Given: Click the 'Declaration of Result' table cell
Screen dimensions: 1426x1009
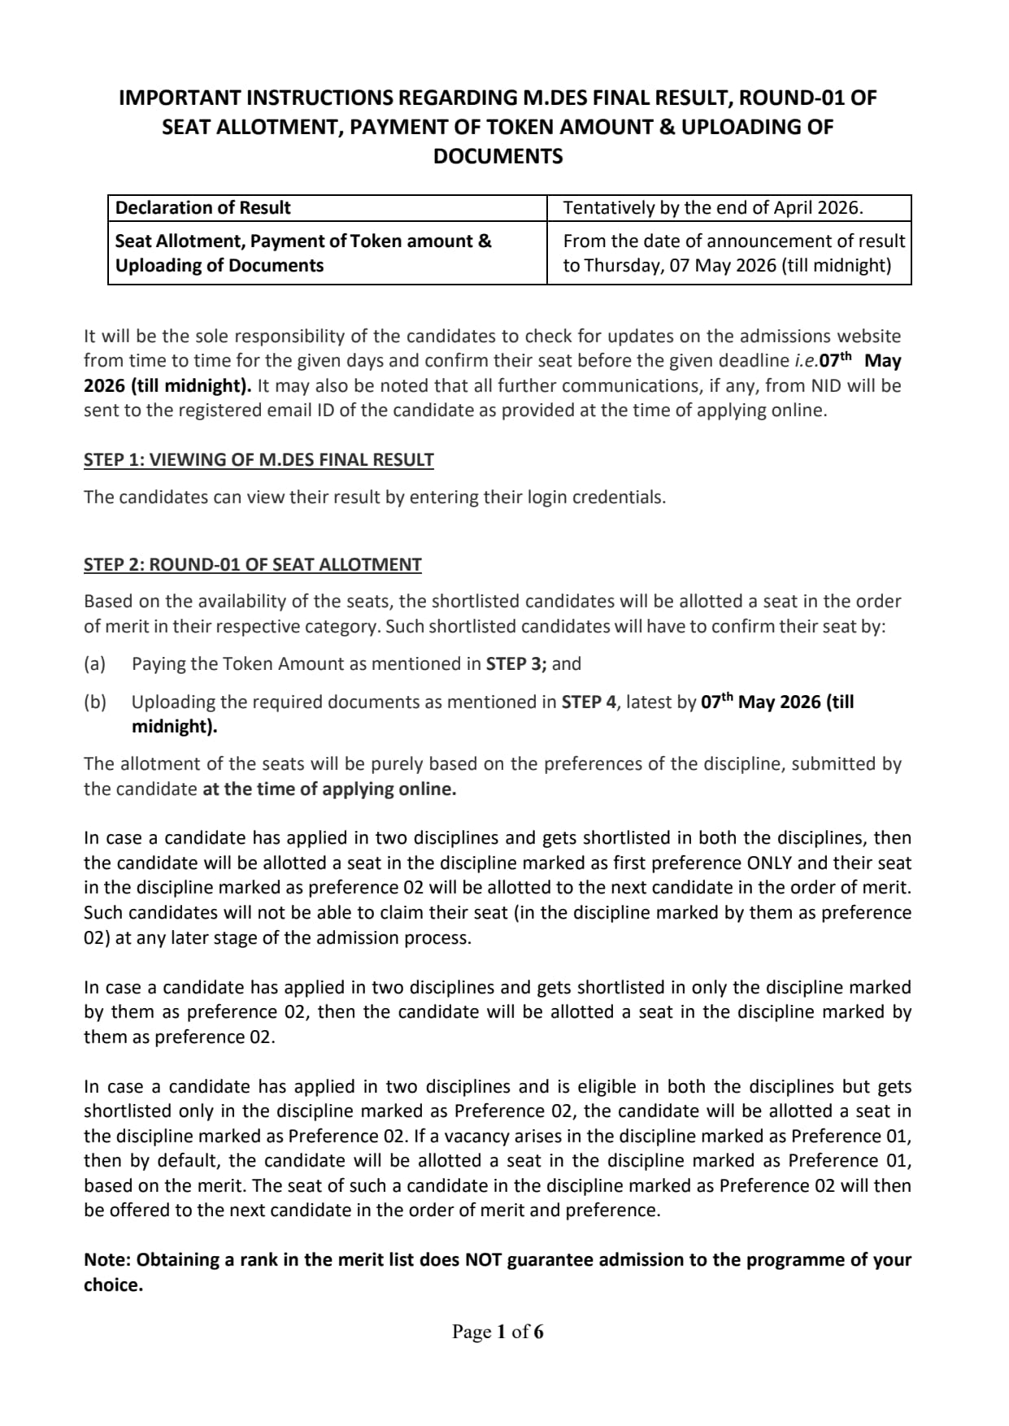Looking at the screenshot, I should pos(202,208).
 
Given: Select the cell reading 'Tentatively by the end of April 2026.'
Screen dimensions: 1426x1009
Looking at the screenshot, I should pos(712,208).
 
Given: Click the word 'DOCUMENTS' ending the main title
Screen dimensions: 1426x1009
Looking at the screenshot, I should pos(498,156).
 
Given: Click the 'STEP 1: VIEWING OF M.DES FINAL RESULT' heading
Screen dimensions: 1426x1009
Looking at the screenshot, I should pos(259,460).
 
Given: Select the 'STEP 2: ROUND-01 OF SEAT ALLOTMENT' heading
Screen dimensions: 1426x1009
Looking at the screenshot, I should pos(252,565).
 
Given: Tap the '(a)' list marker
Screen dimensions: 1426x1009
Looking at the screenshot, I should pos(95,664).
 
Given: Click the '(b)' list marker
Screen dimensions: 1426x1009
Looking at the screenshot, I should pos(95,702).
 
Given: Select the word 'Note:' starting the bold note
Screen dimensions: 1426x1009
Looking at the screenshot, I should pos(107,1260).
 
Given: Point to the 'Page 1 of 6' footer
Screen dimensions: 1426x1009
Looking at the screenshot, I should pos(498,1332).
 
